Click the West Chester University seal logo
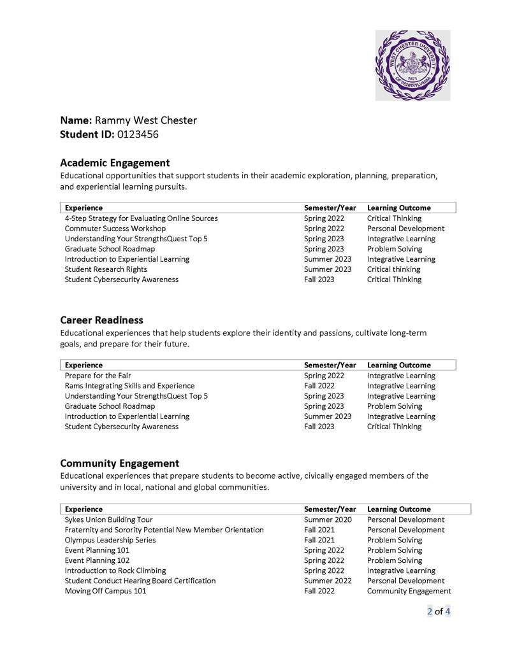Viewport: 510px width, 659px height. coord(412,65)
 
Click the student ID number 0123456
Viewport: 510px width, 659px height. coord(138,134)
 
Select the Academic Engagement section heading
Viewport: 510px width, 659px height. coord(115,163)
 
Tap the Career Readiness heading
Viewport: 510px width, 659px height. coord(101,320)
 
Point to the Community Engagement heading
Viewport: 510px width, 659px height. coord(119,464)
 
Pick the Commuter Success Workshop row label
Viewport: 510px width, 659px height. coord(115,229)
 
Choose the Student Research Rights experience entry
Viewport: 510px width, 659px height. coord(104,269)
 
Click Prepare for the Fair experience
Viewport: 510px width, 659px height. coord(98,376)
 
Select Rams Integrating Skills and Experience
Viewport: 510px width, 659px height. coord(129,386)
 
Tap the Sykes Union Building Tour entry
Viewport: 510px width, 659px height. coord(108,520)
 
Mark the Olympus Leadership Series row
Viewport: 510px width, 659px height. coord(110,540)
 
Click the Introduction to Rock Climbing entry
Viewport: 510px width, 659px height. coord(115,570)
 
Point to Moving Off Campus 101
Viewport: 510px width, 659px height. coord(105,591)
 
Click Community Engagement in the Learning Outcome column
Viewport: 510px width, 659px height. coord(409,591)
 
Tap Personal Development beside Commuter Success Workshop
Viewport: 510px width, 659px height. coord(405,229)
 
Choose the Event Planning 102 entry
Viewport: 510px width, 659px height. coord(97,560)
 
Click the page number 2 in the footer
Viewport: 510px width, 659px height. coord(430,612)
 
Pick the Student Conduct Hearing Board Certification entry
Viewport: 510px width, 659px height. coord(140,581)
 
